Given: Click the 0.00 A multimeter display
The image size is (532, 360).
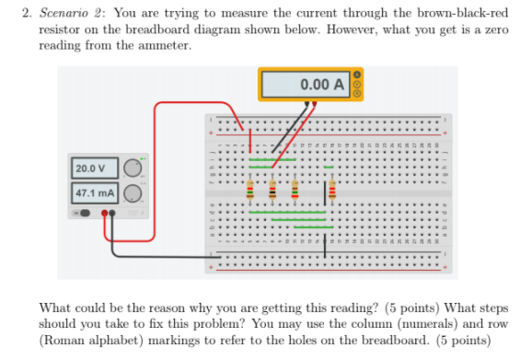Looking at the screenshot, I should pos(308,85).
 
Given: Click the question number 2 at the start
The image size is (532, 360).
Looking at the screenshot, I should pos(48,13).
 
